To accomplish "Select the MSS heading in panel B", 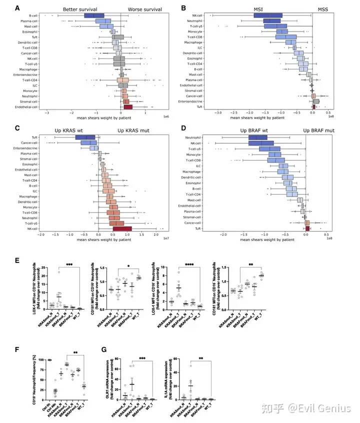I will point(319,9).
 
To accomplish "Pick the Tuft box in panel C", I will point(85,137).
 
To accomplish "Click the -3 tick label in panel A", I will point(46,113).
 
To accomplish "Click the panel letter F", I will point(18,350).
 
